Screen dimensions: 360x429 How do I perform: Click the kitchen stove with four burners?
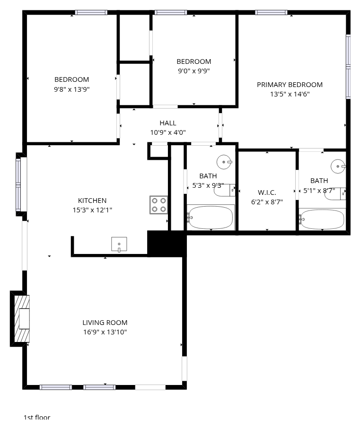(158, 205)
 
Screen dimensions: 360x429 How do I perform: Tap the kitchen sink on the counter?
(119, 244)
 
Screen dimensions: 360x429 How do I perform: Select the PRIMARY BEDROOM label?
(290, 85)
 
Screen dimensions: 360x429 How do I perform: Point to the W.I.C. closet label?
(267, 193)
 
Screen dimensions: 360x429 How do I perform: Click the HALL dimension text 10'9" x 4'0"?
(168, 132)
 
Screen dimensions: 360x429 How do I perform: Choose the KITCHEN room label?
(92, 201)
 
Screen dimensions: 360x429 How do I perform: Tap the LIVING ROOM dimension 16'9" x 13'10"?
(105, 332)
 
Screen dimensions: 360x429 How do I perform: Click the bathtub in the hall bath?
(211, 217)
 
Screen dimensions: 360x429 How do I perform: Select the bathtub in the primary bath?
(322, 219)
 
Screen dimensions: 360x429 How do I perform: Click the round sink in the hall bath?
(224, 162)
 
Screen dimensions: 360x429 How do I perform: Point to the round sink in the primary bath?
(338, 166)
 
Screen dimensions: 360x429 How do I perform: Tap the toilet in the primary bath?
(335, 194)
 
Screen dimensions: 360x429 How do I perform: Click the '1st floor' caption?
(37, 418)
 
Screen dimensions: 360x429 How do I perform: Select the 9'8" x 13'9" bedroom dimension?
(72, 89)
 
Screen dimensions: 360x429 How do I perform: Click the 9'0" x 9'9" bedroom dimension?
(194, 71)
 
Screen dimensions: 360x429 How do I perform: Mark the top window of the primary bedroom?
(271, 12)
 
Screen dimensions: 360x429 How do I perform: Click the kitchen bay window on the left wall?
(18, 184)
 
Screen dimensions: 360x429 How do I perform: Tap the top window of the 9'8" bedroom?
(91, 12)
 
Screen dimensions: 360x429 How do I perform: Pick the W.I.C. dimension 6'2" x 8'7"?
(267, 202)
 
